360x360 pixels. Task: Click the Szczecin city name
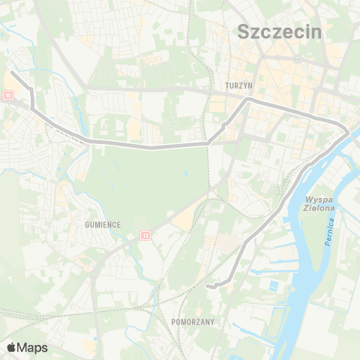click(x=278, y=31)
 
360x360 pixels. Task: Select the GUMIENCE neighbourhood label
click(x=94, y=223)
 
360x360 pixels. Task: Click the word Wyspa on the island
click(x=319, y=199)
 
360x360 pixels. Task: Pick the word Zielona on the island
click(x=319, y=208)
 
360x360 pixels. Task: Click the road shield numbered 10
click(x=7, y=94)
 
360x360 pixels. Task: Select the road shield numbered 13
click(x=145, y=235)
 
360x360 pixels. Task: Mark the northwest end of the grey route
click(x=13, y=73)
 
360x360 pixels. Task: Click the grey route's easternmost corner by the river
click(x=347, y=133)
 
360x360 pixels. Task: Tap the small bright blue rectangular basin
click(x=273, y=286)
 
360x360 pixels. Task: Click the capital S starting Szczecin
click(x=243, y=31)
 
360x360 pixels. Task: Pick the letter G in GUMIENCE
click(x=78, y=223)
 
